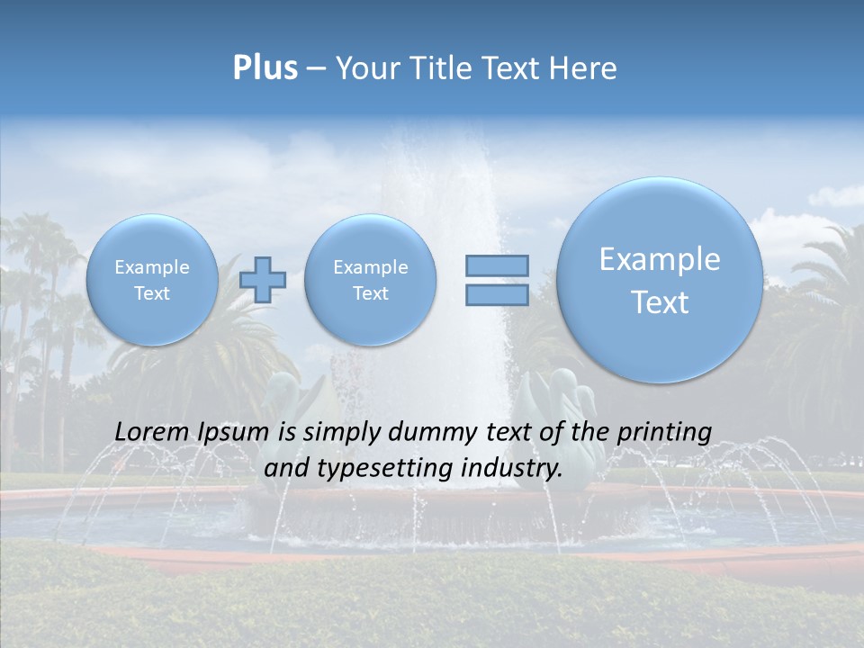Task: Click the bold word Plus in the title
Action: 265,68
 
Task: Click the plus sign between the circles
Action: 263,279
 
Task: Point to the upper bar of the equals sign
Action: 497,265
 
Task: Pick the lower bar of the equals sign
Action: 497,294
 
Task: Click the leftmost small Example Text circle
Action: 152,279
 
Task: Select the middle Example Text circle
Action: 371,279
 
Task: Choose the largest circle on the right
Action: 660,280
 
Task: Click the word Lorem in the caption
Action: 150,432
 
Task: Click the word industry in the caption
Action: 511,469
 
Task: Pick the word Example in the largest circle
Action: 660,259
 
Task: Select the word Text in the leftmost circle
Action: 152,293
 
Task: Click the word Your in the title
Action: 364,68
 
